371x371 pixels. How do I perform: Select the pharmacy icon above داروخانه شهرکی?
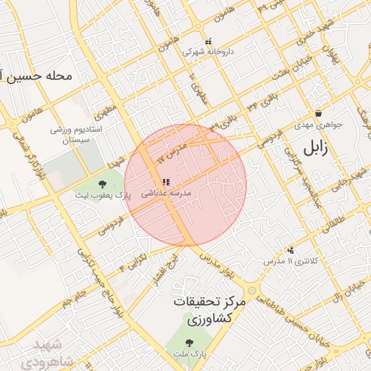pos(209,41)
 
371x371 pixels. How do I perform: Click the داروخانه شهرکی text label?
pos(207,52)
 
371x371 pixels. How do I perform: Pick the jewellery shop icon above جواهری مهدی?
pos(319,113)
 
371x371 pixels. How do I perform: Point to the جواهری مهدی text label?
pos(320,124)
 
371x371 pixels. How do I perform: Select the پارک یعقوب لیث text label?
pos(102,195)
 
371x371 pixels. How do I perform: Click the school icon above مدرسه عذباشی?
pos(166,182)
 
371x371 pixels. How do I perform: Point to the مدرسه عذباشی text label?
pos(165,193)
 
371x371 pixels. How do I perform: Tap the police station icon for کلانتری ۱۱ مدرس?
pos(291,249)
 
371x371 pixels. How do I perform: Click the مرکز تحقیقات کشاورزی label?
pos(209,309)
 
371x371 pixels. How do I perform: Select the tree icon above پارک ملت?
pos(190,343)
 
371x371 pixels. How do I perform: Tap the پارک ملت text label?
pos(190,354)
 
